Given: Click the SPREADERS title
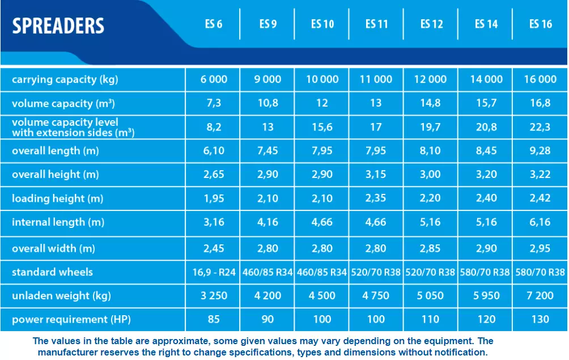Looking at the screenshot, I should (58, 26).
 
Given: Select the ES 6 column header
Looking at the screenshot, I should (214, 24).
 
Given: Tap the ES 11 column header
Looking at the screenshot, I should (376, 24).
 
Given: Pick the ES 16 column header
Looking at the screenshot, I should (540, 24).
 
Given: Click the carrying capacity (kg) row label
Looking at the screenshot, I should (65, 79).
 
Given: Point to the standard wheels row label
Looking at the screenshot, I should (52, 272).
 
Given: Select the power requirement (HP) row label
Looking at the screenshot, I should (71, 320).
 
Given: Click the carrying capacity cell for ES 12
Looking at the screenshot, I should (430, 79).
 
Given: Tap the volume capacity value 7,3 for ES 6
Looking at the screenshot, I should (214, 104).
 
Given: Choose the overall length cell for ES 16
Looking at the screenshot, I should (540, 151).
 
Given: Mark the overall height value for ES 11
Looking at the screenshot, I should (376, 175).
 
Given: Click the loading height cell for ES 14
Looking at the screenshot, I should (486, 198).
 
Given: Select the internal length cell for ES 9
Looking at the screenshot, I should (267, 222).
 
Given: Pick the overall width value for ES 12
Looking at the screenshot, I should (430, 248).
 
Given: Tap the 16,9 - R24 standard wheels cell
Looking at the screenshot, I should (214, 272).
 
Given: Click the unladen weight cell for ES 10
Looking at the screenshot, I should (322, 296).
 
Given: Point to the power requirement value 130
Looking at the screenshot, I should (540, 320).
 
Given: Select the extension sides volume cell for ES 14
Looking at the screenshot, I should (486, 128).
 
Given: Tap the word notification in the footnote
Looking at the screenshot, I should (458, 352).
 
